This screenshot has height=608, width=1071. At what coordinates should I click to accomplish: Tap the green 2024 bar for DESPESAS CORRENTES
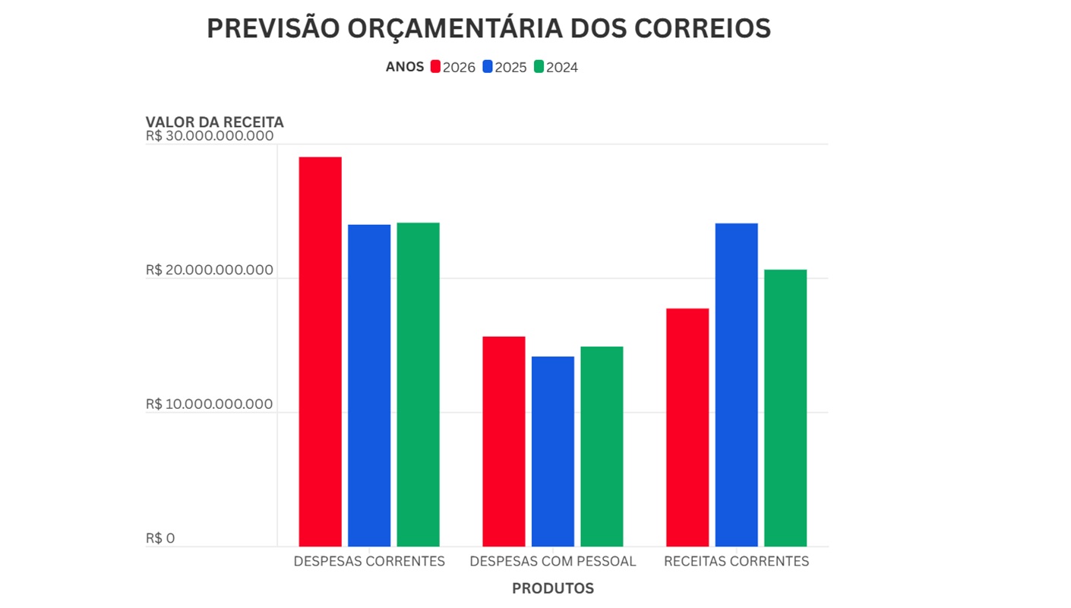[x=418, y=384]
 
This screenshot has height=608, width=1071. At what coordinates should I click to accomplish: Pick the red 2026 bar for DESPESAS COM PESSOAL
[x=504, y=441]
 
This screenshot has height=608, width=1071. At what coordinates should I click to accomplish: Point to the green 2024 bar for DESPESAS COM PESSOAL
[x=602, y=446]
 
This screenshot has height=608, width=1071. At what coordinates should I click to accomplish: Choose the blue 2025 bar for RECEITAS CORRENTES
[x=736, y=385]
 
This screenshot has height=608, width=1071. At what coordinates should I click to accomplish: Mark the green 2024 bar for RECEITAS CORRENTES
[x=785, y=407]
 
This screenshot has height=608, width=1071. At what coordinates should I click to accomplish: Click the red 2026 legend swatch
[x=435, y=67]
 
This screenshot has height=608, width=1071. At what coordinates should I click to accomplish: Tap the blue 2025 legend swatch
[x=488, y=67]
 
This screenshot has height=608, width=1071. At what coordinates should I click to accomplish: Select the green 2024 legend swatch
[x=539, y=67]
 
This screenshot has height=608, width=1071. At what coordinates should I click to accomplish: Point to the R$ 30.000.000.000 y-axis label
[x=210, y=136]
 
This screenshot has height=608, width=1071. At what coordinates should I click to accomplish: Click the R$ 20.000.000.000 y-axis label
[x=210, y=270]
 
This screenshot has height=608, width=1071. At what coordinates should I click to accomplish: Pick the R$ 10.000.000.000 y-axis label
[x=210, y=404]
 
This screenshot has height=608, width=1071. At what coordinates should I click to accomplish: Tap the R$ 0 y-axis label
[x=160, y=538]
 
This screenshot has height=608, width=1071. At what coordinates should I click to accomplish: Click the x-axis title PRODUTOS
[x=553, y=588]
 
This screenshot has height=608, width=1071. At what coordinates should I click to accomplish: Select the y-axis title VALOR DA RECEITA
[x=215, y=122]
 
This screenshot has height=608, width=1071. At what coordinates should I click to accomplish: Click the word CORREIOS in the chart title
[x=702, y=28]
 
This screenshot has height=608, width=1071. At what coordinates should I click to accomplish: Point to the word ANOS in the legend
[x=405, y=67]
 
